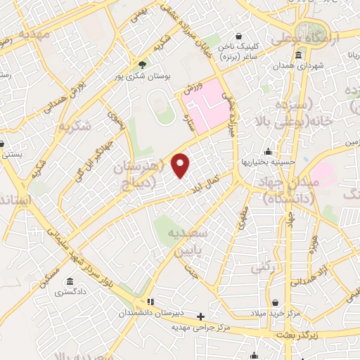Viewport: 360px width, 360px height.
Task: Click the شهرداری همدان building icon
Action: coord(300,56)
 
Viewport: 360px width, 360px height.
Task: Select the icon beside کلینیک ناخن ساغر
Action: coord(240,34)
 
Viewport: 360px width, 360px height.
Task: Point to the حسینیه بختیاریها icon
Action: coord(268,150)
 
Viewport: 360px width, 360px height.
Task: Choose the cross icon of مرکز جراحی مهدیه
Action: coord(201,316)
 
